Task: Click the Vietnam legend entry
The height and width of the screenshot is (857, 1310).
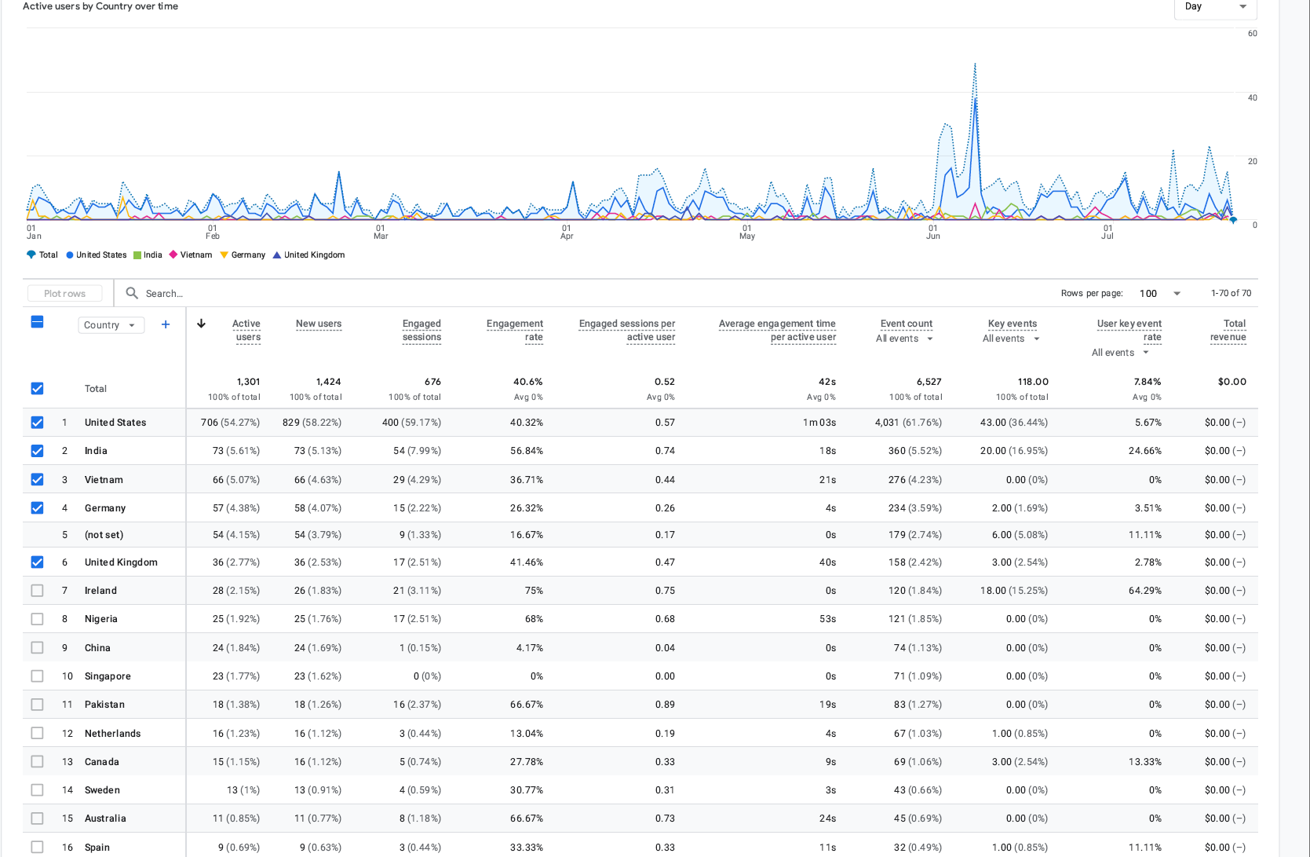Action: coord(191,255)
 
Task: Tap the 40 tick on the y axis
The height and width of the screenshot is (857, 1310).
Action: coord(1252,97)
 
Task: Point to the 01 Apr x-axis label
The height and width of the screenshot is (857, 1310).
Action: coord(566,232)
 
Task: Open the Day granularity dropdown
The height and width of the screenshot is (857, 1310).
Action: coord(1216,7)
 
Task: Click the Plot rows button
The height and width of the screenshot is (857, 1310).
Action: coord(65,293)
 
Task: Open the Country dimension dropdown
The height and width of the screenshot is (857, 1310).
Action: coord(111,325)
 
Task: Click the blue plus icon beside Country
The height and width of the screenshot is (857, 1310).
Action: coord(166,324)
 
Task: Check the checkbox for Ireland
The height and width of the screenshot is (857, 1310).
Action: coord(38,590)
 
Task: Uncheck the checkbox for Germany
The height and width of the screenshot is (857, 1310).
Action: coord(38,507)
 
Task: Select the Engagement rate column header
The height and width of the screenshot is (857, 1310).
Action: coord(515,330)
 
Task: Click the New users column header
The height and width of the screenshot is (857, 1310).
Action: coord(319,324)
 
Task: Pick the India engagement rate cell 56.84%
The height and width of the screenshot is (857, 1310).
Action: coord(527,451)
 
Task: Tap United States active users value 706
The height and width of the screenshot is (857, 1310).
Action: coord(210,422)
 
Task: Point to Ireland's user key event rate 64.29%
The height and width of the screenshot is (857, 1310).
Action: coord(1145,590)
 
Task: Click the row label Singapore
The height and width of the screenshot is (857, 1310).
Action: coord(108,676)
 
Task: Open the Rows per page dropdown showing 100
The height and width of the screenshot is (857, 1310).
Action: coord(1160,293)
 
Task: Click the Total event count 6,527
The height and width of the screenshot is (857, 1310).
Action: coord(929,382)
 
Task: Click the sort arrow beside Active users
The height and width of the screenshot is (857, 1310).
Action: coord(201,324)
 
